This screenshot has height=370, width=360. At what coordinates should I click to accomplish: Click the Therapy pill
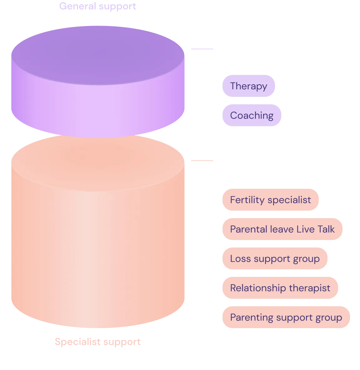pyautogui.click(x=248, y=86)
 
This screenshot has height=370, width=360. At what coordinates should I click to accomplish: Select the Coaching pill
pyautogui.click(x=252, y=115)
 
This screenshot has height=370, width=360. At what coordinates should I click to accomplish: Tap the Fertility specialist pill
pyautogui.click(x=271, y=200)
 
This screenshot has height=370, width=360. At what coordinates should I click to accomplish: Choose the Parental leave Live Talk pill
pyautogui.click(x=282, y=229)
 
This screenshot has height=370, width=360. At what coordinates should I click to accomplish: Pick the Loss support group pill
pyautogui.click(x=275, y=258)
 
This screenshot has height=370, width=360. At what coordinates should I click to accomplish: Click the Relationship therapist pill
pyautogui.click(x=280, y=288)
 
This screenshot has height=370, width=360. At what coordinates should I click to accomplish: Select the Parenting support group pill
pyautogui.click(x=286, y=317)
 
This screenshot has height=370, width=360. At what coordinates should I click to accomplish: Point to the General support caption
pyautogui.click(x=98, y=6)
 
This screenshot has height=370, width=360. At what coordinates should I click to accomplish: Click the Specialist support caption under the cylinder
pyautogui.click(x=98, y=342)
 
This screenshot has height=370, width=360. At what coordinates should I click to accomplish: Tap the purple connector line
pyautogui.click(x=202, y=49)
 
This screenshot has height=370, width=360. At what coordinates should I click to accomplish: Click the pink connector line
pyautogui.click(x=202, y=161)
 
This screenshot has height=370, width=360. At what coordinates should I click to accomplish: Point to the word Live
pyautogui.click(x=305, y=229)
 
